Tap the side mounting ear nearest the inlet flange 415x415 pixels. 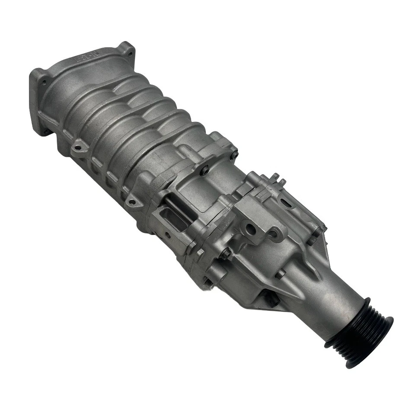(x=78, y=147)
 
